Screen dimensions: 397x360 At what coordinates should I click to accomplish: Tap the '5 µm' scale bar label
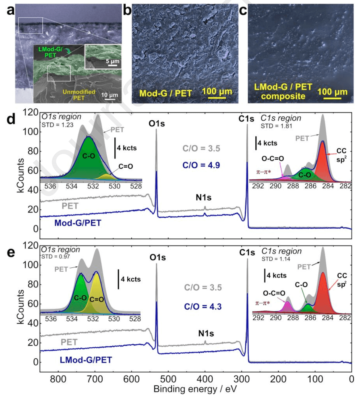click(112, 61)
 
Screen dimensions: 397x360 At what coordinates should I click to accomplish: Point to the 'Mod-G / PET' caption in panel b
click(166, 93)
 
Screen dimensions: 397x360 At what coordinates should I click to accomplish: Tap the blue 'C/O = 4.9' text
click(201, 165)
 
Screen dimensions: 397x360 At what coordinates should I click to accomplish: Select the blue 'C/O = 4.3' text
click(202, 306)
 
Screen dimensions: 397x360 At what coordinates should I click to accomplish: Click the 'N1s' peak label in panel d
click(203, 198)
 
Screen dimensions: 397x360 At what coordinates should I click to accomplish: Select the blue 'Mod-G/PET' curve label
click(77, 223)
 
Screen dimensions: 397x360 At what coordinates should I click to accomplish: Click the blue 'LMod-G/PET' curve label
click(86, 360)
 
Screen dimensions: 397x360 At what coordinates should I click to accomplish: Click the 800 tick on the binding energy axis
click(59, 379)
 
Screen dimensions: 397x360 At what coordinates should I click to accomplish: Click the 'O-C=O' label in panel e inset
click(274, 293)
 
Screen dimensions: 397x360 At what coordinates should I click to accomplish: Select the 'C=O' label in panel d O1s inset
click(125, 166)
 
